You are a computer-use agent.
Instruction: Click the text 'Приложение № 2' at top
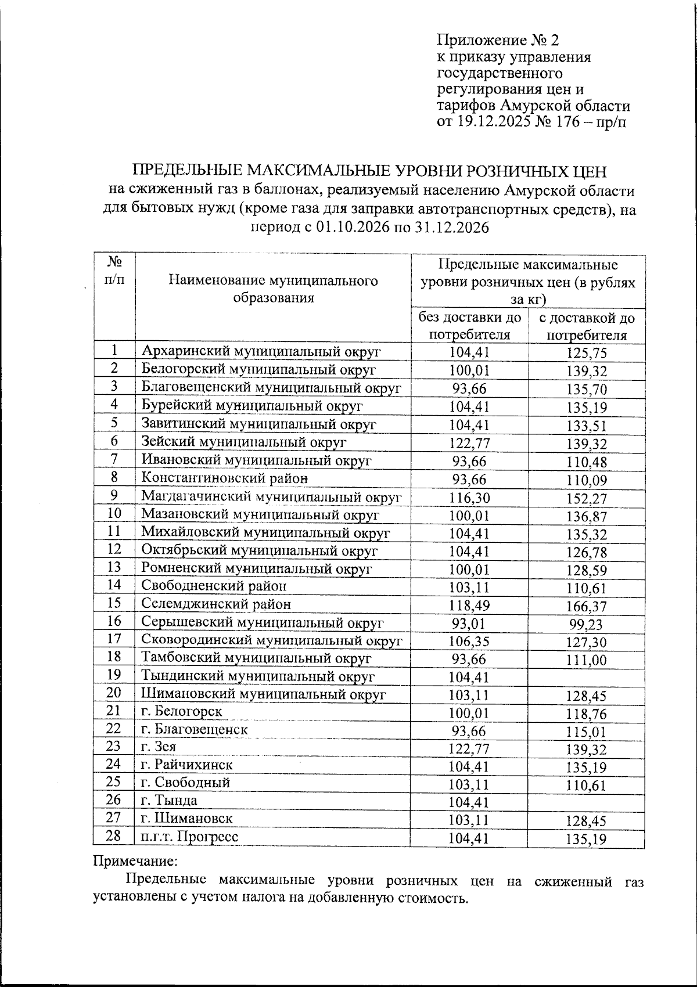497,40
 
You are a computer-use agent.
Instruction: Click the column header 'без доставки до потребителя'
470,326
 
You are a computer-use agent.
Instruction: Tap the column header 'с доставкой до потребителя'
587,326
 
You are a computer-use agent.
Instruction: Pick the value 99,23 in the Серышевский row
587,625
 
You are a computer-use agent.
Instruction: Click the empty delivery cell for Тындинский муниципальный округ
587,676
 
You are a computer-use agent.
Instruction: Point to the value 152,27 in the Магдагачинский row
587,499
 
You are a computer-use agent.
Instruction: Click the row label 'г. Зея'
159,747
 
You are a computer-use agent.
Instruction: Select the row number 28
114,836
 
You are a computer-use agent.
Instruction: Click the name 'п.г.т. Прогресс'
190,837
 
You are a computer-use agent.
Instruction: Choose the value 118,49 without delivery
470,606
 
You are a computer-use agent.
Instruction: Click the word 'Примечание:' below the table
135,860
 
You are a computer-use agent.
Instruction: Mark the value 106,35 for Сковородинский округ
470,642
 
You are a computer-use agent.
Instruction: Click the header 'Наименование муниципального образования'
273,289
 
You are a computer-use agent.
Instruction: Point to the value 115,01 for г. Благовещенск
587,732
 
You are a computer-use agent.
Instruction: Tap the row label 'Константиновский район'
225,478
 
